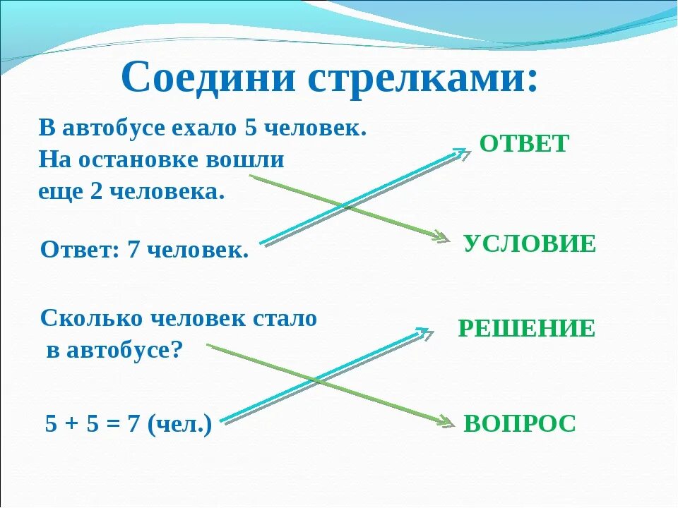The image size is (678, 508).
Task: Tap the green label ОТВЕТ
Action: click(523, 144)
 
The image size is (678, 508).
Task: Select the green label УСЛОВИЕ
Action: click(530, 244)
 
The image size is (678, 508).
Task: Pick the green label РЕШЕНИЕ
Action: click(526, 329)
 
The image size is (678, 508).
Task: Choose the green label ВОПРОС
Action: click(520, 423)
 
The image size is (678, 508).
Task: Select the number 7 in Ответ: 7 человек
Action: click(133, 249)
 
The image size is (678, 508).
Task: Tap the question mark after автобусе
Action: click(177, 351)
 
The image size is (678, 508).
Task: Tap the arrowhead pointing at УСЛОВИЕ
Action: click(442, 238)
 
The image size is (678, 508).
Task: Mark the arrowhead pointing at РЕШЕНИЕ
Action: click(424, 332)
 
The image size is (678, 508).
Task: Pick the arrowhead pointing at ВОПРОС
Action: click(445, 422)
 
